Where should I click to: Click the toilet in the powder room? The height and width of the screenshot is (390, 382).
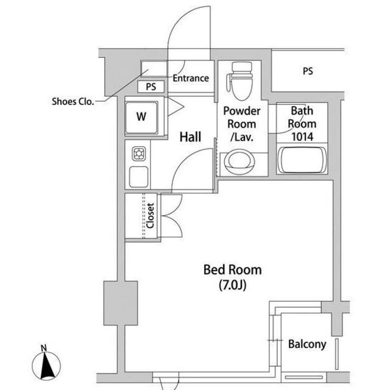click(x=240, y=81)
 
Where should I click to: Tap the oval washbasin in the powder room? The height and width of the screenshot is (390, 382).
click(x=239, y=161)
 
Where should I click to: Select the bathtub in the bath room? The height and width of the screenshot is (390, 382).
click(x=302, y=160)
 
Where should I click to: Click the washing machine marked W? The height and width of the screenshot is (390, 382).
click(x=141, y=117)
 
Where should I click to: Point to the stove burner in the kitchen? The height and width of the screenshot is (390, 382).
click(x=139, y=153)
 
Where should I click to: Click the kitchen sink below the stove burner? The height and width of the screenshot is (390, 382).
click(x=138, y=177)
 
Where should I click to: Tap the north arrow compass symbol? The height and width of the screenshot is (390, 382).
click(x=46, y=366)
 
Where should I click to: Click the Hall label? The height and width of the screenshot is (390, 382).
click(x=190, y=137)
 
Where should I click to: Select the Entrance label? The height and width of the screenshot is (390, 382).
click(x=191, y=78)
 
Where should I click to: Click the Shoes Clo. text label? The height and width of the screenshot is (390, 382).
click(x=73, y=102)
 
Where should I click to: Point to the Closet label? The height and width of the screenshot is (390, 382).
click(x=150, y=216)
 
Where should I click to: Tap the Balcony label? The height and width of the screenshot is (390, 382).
click(x=307, y=344)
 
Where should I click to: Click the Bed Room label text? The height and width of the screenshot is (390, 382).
click(x=233, y=270)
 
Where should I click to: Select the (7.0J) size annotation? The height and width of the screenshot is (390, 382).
click(x=233, y=285)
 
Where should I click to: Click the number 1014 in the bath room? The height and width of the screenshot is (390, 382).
click(x=302, y=136)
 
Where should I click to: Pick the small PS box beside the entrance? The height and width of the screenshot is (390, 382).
click(x=151, y=87)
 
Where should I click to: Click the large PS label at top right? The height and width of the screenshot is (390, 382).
click(x=308, y=71)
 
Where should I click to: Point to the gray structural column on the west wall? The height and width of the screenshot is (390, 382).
click(x=121, y=303)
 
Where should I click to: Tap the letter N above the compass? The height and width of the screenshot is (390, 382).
click(x=44, y=347)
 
